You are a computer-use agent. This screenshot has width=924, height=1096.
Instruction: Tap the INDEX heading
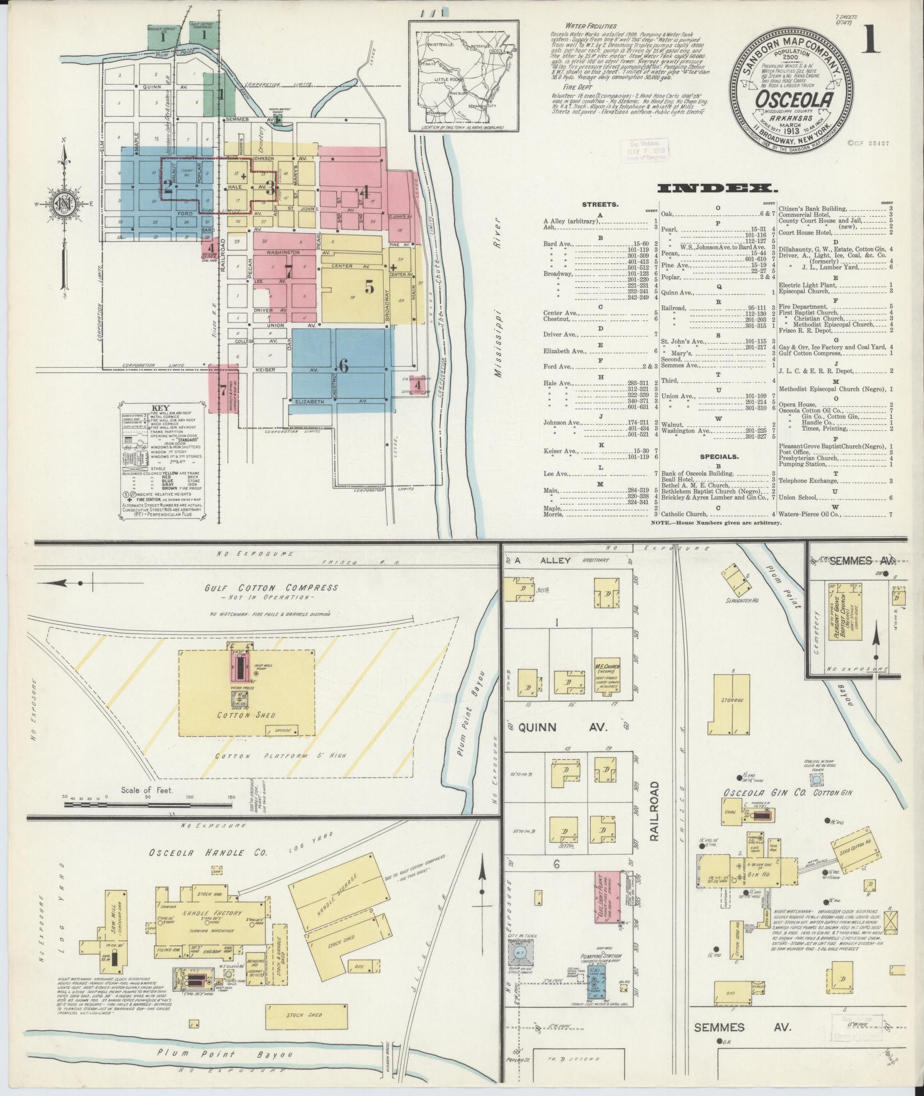point(717,188)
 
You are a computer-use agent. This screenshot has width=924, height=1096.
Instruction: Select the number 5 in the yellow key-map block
point(369,288)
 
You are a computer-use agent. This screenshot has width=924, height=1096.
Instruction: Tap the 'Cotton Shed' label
point(247,715)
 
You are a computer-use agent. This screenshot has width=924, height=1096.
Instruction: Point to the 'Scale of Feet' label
point(148,789)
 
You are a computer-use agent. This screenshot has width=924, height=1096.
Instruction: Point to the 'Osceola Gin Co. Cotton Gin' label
point(784,792)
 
